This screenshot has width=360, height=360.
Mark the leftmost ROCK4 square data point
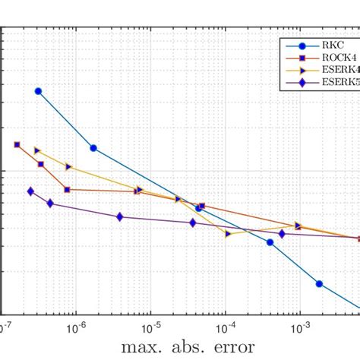click(17, 144)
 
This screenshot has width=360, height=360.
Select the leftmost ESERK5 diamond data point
click(30, 191)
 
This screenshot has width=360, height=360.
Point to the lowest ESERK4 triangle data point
click(229, 234)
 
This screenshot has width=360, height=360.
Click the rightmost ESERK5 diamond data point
click(282, 233)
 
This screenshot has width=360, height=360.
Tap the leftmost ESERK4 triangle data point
click(37, 150)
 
